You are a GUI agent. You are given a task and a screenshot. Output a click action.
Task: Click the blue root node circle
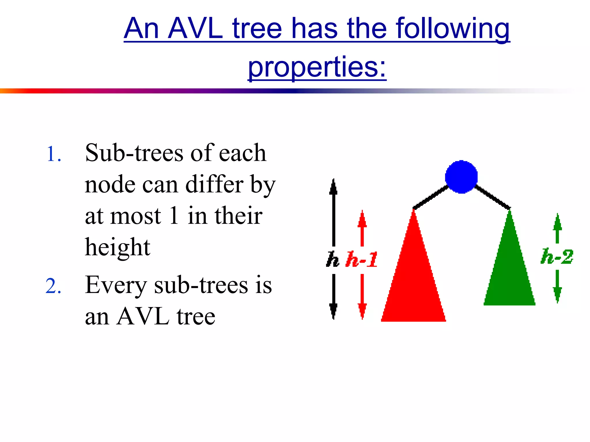461,177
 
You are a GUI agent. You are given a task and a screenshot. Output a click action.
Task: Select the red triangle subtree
414,282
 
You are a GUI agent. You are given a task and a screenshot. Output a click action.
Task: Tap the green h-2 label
557,256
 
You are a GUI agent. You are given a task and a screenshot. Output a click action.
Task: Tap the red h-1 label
362,259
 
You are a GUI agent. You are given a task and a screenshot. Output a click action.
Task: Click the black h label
332,259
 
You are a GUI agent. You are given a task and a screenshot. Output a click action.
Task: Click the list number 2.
53,286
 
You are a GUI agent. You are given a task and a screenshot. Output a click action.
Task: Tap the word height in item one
118,247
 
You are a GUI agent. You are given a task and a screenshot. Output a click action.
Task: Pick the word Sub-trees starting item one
134,153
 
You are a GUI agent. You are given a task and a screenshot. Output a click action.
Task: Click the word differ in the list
214,184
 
